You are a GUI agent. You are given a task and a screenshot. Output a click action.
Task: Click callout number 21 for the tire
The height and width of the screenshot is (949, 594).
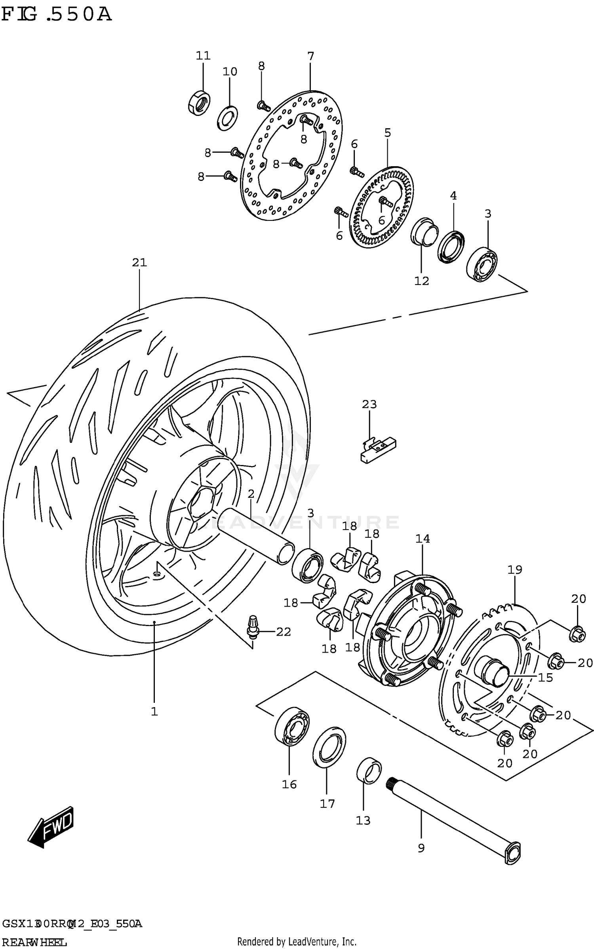click(x=139, y=262)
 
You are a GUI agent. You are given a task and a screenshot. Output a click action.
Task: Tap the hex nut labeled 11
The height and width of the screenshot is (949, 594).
click(x=199, y=102)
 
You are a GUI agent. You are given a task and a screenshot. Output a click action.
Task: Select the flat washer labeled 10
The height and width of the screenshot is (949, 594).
click(x=227, y=118)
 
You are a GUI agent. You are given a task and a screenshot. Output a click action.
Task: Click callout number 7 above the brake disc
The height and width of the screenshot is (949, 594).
click(x=310, y=56)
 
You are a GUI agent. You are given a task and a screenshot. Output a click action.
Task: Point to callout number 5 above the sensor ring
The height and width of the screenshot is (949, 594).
click(x=387, y=133)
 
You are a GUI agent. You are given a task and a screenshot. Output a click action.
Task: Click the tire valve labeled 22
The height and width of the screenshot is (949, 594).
click(x=252, y=626)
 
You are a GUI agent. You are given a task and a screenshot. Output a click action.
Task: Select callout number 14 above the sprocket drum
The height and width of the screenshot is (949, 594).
click(x=423, y=539)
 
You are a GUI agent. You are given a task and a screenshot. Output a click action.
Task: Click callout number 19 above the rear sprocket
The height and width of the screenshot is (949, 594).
click(x=515, y=570)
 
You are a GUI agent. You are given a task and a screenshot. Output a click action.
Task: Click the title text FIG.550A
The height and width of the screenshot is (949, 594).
click(x=56, y=15)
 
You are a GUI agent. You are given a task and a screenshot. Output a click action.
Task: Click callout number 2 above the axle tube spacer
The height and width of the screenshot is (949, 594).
click(x=251, y=494)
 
